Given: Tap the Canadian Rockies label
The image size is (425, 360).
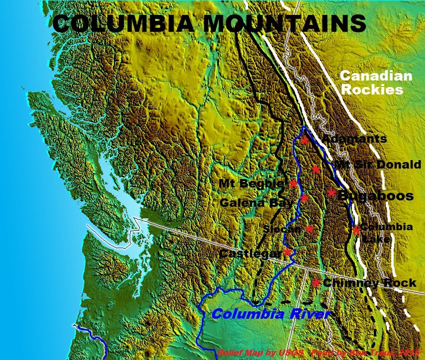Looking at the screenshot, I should pyautogui.click(x=376, y=83).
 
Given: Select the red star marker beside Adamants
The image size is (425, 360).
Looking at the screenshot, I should pyautogui.click(x=305, y=140).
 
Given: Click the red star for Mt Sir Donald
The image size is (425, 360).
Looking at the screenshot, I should pyautogui.click(x=316, y=169).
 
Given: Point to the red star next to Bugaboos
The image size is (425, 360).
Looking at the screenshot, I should pyautogui.click(x=331, y=193).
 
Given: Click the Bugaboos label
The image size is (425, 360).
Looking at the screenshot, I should pyautogui.click(x=375, y=196).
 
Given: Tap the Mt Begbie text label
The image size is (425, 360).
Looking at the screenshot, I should pyautogui.click(x=251, y=183).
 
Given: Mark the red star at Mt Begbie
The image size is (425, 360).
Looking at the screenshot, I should pyautogui.click(x=293, y=183).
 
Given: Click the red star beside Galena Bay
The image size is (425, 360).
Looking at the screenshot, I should pyautogui.click(x=304, y=198).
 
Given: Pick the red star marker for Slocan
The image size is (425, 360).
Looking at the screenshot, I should pyautogui.click(x=309, y=229).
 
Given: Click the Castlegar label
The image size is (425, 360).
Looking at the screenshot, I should pyautogui.click(x=250, y=254).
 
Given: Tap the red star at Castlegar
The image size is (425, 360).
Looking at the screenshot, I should pyautogui.click(x=287, y=252).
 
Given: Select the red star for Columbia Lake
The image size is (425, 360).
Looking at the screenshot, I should pyautogui.click(x=356, y=230).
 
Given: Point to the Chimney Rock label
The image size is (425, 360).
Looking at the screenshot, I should pyautogui.click(x=369, y=283).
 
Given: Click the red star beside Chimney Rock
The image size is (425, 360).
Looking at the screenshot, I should pyautogui.click(x=315, y=282).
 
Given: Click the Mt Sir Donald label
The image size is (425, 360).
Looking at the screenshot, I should pyautogui.click(x=377, y=165).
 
